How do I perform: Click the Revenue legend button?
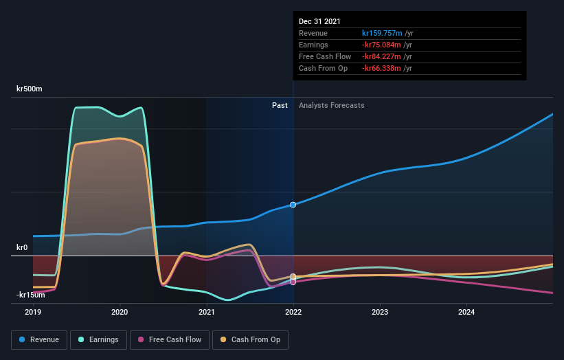click(x=40, y=339)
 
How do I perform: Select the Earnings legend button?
click(x=99, y=339)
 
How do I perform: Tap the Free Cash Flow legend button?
click(x=170, y=339)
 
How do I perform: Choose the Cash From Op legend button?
click(x=251, y=339)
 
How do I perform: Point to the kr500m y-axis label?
click(x=30, y=89)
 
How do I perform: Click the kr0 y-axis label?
click(x=22, y=247)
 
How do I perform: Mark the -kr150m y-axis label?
click(x=31, y=295)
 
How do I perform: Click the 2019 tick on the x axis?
click(x=33, y=311)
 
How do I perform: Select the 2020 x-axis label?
click(x=120, y=311)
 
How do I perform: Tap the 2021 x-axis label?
click(x=206, y=311)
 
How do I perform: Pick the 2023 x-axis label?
click(x=380, y=311)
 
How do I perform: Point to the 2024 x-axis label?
click(x=466, y=311)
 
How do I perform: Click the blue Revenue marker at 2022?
click(x=293, y=205)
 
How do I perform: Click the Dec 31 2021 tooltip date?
click(x=319, y=22)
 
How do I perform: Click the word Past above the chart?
click(x=280, y=105)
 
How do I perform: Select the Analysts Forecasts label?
click(x=332, y=105)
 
